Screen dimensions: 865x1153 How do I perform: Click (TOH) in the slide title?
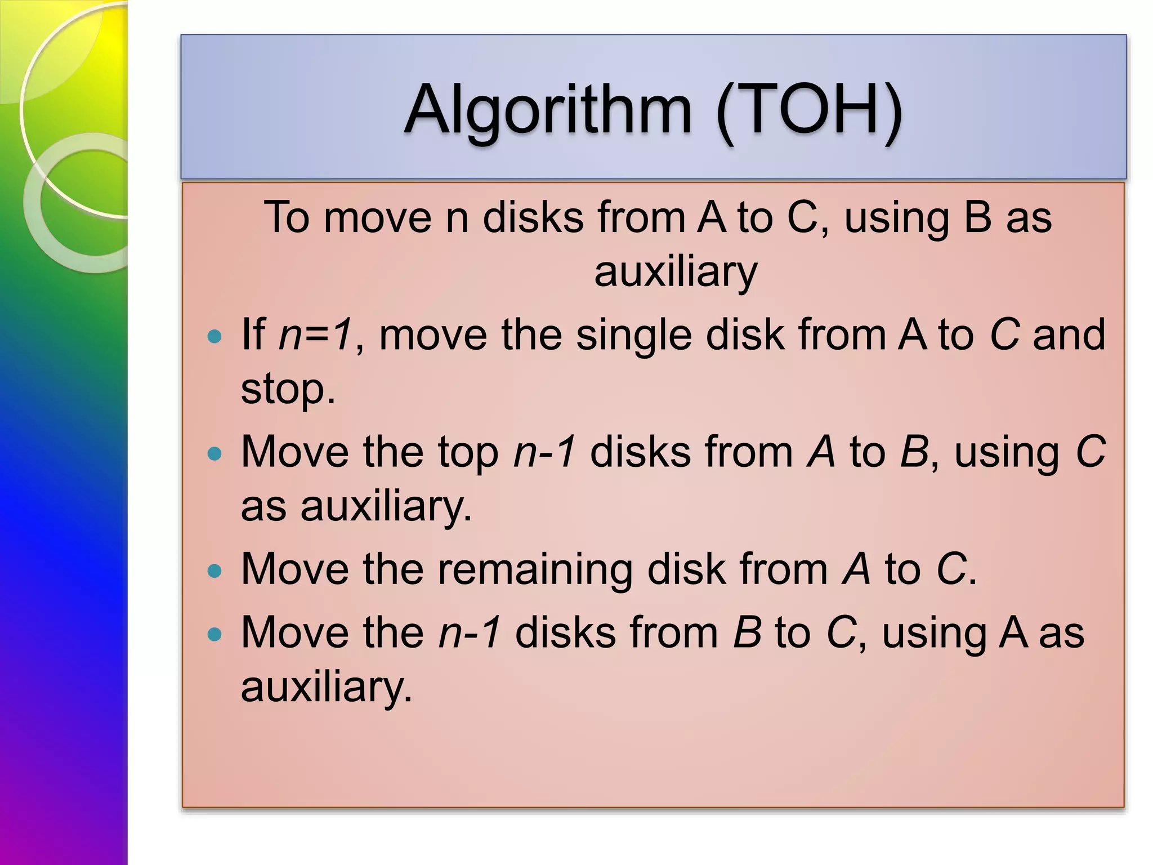coord(809,110)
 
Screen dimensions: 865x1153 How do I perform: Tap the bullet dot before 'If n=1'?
coord(214,337)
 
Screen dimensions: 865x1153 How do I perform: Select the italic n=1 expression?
coord(316,335)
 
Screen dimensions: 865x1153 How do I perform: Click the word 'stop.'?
coord(288,389)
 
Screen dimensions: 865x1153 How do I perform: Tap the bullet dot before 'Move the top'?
coord(214,453)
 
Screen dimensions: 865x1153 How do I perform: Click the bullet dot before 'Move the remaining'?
coord(214,572)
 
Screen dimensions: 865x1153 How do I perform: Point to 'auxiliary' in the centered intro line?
coord(676,272)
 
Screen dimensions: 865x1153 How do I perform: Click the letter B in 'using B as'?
coord(977,217)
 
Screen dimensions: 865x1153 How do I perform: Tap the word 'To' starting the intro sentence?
coord(287,217)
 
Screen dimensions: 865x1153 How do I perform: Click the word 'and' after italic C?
coord(1069,335)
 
